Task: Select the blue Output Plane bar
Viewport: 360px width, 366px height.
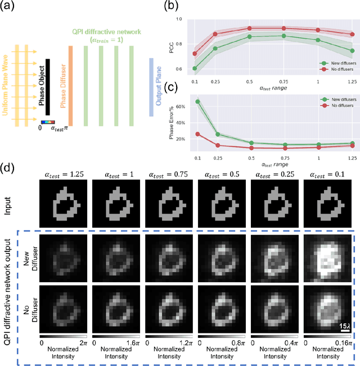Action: (x=152, y=86)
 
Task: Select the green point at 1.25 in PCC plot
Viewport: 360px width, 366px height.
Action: (x=352, y=51)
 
